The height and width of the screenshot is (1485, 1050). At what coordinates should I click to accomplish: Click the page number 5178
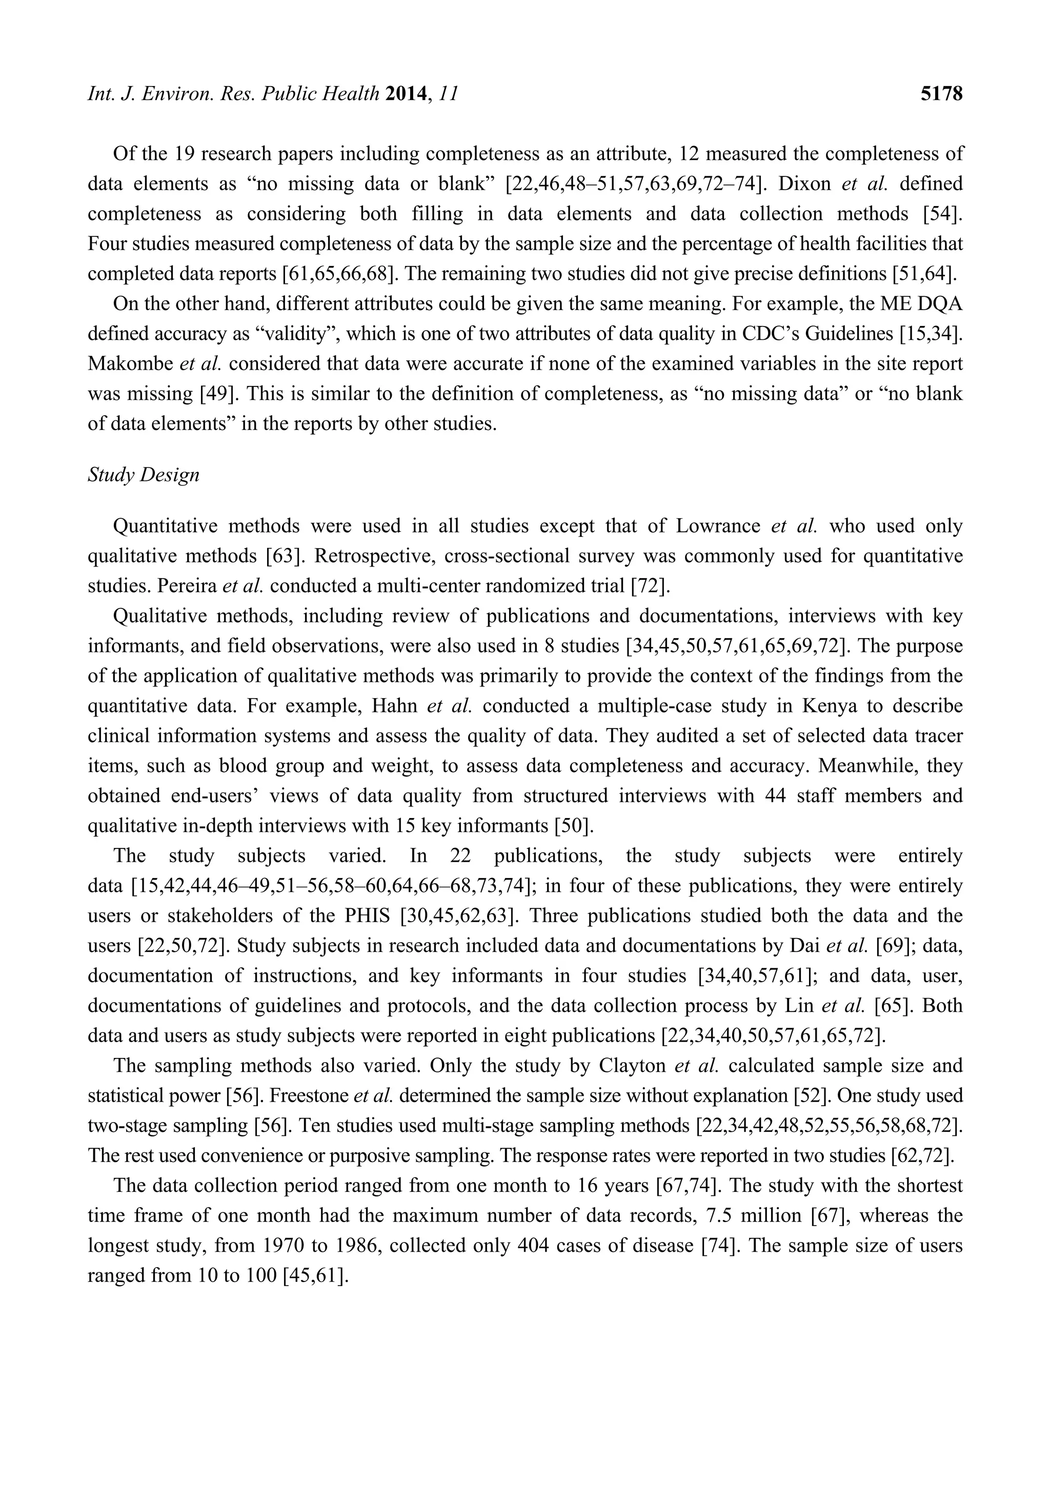(941, 94)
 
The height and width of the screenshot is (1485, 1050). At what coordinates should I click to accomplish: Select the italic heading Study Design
(144, 475)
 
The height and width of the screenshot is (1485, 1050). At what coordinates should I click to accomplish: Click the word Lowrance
(718, 526)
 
